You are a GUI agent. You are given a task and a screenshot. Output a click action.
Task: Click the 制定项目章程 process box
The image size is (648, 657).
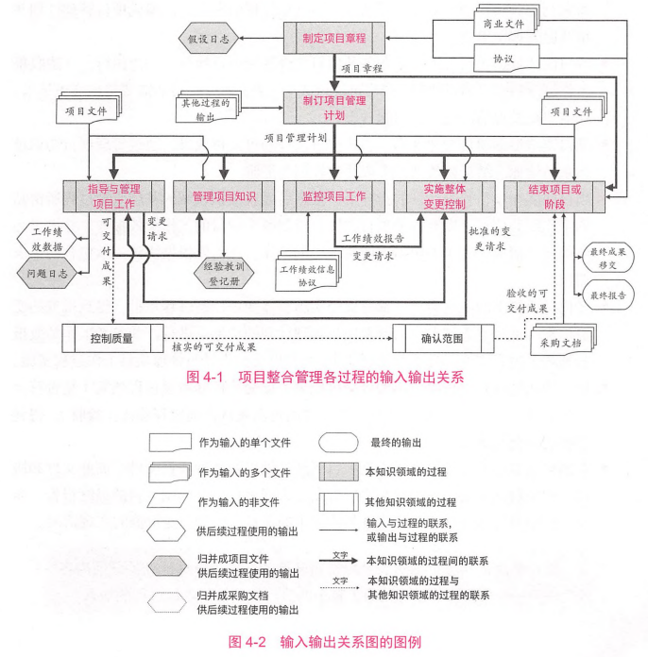tap(333, 40)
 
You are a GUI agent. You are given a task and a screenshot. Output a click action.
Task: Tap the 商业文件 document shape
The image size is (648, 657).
tap(504, 22)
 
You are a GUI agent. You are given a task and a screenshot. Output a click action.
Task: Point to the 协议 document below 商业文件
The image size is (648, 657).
tap(503, 58)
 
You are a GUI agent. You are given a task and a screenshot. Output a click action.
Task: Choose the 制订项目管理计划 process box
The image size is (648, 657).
tap(333, 107)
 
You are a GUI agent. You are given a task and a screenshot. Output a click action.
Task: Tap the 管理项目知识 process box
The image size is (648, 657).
tap(224, 195)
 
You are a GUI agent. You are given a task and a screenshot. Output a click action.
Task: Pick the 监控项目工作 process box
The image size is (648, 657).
tap(333, 195)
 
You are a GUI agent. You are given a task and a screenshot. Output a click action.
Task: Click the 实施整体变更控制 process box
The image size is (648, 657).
tap(443, 195)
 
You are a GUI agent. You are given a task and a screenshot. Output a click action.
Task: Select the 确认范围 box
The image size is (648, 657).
tap(442, 337)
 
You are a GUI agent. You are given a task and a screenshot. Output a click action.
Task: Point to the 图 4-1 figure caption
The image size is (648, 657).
tap(325, 377)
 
